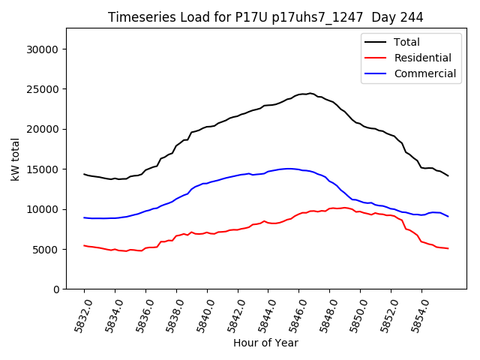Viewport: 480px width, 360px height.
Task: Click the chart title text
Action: point(265,17)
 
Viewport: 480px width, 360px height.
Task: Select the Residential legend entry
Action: point(422,58)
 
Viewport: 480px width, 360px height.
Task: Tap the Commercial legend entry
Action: point(424,73)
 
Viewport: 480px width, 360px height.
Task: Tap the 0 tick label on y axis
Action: point(55,289)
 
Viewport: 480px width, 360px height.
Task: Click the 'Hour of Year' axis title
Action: point(265,343)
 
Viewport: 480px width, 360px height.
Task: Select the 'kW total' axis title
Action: point(15,159)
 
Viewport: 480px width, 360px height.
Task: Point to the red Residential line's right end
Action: point(448,248)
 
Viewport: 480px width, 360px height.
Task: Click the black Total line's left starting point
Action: point(84,174)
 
